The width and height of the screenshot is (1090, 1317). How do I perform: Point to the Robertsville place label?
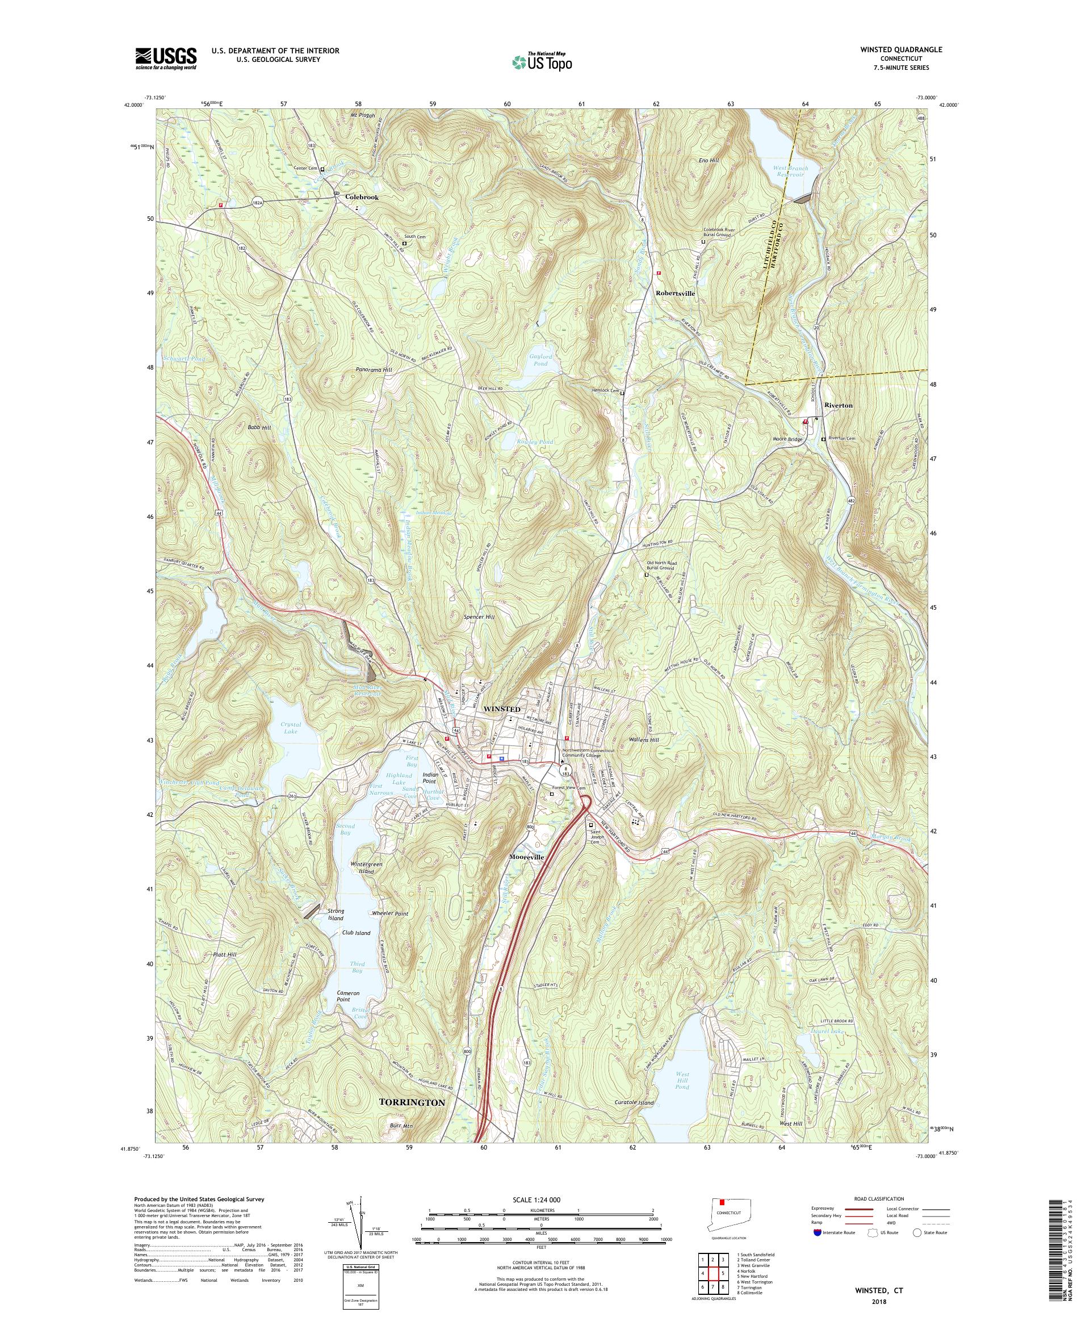click(x=675, y=293)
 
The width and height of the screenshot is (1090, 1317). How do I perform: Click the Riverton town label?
click(x=839, y=406)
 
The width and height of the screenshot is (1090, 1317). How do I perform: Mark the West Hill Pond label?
click(x=682, y=1079)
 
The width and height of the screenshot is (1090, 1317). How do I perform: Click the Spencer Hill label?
click(x=479, y=617)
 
